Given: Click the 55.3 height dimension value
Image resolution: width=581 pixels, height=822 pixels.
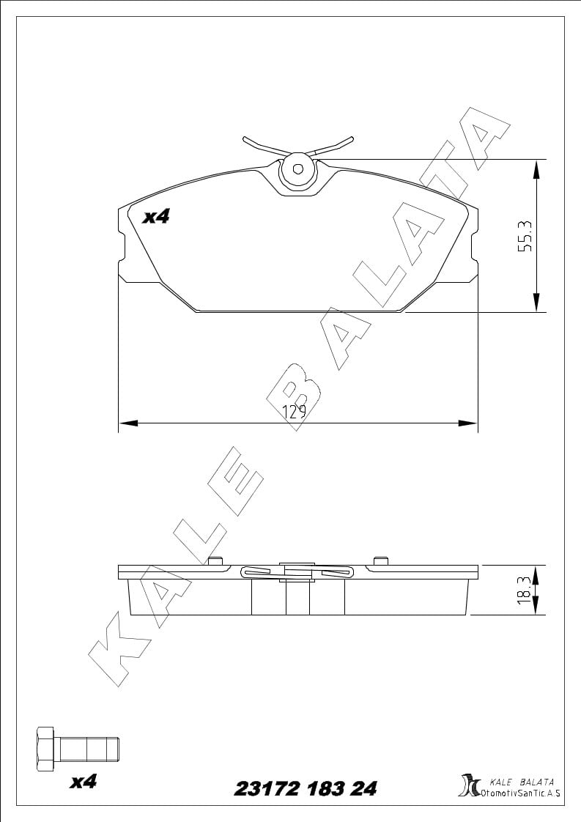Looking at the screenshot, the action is (525, 235).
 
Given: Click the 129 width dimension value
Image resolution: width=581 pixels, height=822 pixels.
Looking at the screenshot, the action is (295, 412).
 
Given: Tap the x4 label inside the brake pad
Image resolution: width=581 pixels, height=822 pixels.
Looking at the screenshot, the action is (156, 217).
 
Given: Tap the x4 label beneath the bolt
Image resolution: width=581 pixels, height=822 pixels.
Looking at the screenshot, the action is (84, 782).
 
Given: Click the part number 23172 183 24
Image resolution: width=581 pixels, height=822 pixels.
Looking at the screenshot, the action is (306, 788).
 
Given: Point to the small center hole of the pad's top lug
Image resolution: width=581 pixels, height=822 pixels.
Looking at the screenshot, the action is (298, 169).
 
